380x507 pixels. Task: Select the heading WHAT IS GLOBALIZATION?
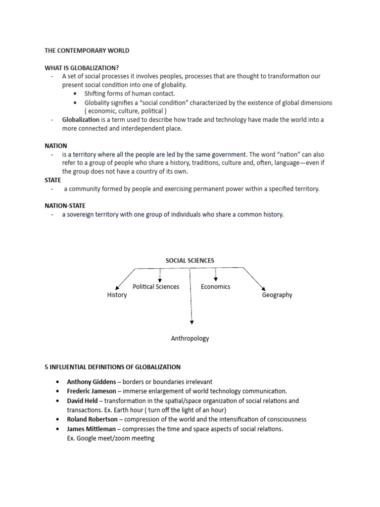tap(82, 67)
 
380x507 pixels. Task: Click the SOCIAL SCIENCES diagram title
tap(190, 260)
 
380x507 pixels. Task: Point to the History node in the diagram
tap(117, 295)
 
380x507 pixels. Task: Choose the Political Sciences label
tap(156, 287)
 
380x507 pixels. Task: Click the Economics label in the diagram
tap(215, 287)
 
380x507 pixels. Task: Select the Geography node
tap(277, 295)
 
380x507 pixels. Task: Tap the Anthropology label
tap(190, 339)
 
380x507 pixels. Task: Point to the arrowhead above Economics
tap(216, 279)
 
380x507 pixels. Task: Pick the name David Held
tap(82, 401)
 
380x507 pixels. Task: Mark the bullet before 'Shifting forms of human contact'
tap(75, 94)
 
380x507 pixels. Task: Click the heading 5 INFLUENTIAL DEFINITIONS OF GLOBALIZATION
tap(112, 367)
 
